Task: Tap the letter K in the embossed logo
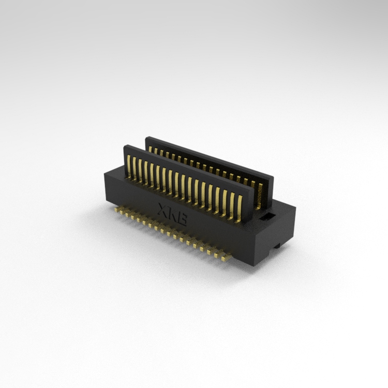(x=173, y=214)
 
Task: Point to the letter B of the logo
(x=182, y=219)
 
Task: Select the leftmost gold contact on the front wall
(x=128, y=166)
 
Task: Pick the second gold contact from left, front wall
(x=134, y=169)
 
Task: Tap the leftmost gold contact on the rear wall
(x=150, y=149)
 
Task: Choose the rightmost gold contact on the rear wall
(x=259, y=196)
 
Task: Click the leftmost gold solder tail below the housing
(x=116, y=210)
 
